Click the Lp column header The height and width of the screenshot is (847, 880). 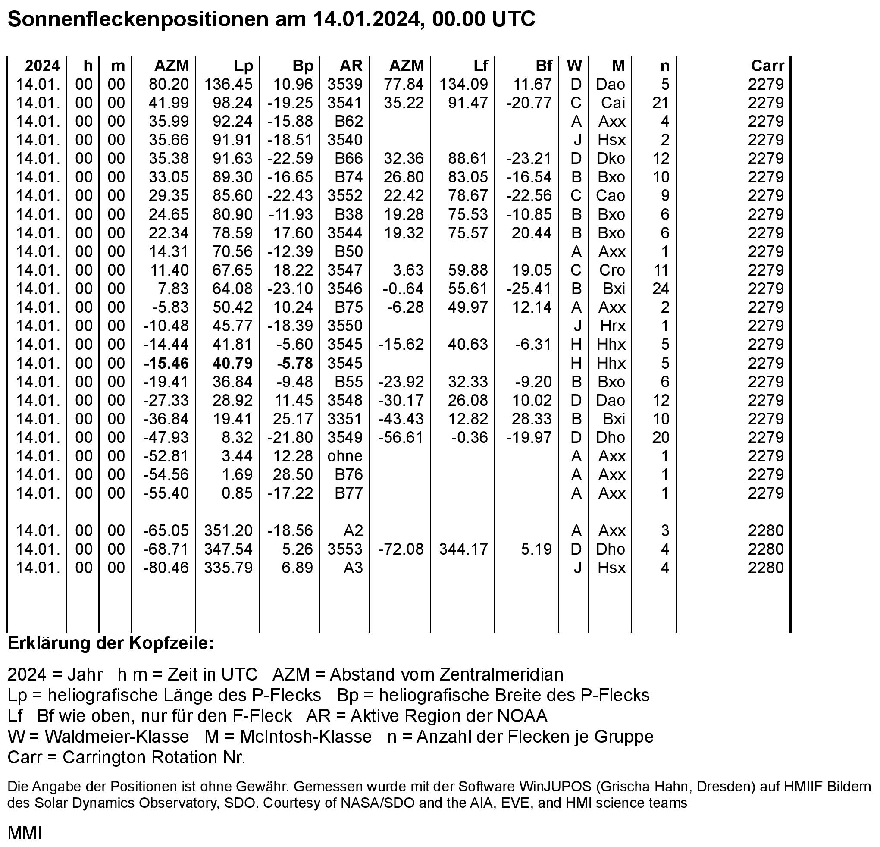[243, 66]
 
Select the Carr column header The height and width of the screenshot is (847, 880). [767, 66]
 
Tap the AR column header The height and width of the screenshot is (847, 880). [351, 66]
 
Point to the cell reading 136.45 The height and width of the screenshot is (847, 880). [229, 85]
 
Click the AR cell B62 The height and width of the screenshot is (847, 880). [349, 122]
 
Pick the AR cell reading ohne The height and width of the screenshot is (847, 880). [345, 456]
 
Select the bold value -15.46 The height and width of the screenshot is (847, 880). [166, 363]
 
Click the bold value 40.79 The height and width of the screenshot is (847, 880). [232, 363]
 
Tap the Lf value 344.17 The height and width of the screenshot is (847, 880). [463, 549]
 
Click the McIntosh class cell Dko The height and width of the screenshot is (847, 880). [611, 159]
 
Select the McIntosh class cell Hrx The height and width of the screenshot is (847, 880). [613, 326]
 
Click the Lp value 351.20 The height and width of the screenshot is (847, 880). [229, 531]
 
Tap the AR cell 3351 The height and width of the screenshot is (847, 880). [345, 419]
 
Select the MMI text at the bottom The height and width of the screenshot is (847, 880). [25, 833]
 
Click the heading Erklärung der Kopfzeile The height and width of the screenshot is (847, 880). [110, 643]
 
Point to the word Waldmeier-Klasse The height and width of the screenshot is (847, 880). [116, 737]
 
